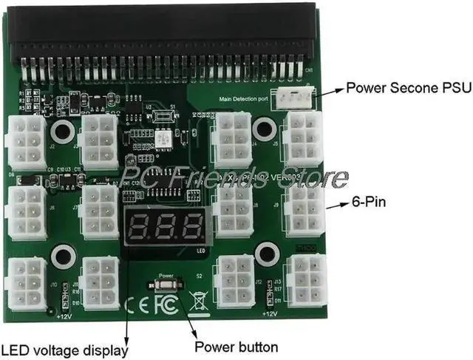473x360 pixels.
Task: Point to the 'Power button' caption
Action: point(236,347)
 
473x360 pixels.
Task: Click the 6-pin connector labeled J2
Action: point(27,142)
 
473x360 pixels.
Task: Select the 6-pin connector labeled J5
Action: point(303,139)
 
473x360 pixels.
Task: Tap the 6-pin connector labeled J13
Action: point(307,280)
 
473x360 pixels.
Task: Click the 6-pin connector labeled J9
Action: point(304,210)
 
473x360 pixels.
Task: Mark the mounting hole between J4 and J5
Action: point(262,130)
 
